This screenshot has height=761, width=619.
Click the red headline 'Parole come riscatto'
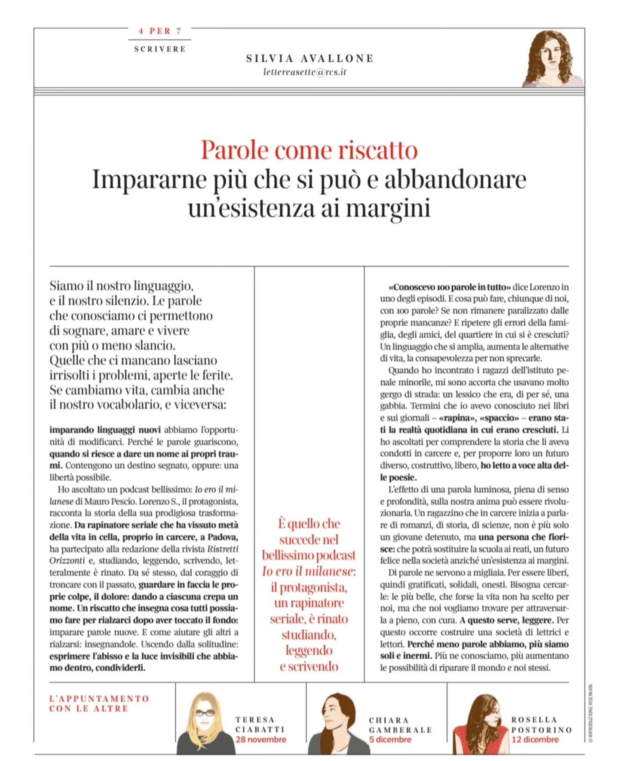point(309,150)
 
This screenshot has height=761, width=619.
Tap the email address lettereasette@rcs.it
point(304,73)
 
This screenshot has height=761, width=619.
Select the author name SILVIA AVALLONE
point(309,58)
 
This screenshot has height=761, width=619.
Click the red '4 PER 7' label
point(160,31)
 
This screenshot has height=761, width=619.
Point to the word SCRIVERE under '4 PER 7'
point(160,49)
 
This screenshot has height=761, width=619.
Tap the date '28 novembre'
point(260,740)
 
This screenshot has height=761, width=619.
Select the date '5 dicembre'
point(390,740)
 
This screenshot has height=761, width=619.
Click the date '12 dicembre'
point(535,740)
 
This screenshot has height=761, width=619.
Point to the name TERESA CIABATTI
point(260,724)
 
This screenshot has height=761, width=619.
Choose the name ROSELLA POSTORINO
point(541,724)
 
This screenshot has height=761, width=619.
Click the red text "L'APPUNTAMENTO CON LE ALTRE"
point(99,703)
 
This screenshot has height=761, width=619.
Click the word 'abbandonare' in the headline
point(455,180)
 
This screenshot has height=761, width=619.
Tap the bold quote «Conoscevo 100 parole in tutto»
point(449,287)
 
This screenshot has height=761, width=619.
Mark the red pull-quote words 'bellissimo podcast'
point(309,555)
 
